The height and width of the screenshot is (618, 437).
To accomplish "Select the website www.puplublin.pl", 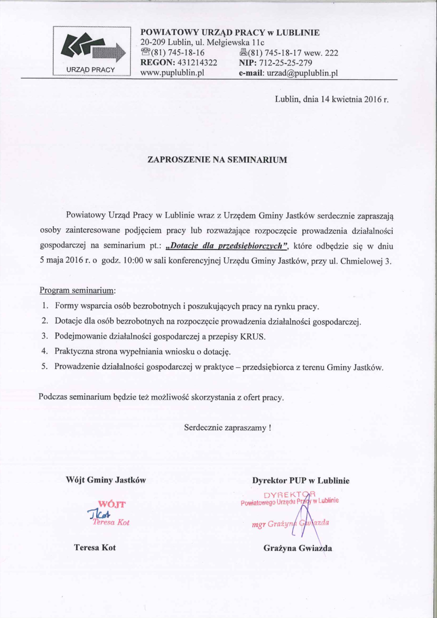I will (x=172, y=73).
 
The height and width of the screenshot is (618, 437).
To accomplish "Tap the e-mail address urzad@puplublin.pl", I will (x=303, y=73).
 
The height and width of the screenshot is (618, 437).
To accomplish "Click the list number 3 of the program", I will (x=44, y=337).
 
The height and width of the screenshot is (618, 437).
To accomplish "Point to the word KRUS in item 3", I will (x=253, y=337).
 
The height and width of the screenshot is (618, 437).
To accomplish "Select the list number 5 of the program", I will (x=44, y=367).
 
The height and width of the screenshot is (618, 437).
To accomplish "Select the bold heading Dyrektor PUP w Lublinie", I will (x=300, y=481).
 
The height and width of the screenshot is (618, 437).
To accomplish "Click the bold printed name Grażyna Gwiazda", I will (x=297, y=548).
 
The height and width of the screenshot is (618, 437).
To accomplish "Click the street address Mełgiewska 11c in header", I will (x=233, y=43).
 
